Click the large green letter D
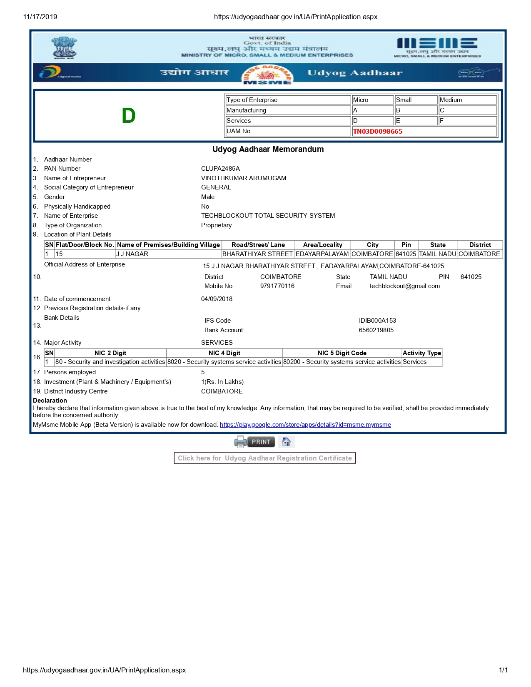[x=129, y=116]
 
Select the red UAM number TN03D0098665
[x=377, y=132]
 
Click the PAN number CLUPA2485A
[x=220, y=169]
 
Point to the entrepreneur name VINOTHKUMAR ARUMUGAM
[x=244, y=178]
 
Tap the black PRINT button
[x=261, y=442]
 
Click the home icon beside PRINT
[x=286, y=442]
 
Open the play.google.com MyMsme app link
[x=305, y=425]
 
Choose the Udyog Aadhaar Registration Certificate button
[x=265, y=458]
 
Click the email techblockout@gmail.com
[x=404, y=286]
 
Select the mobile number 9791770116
[x=277, y=286]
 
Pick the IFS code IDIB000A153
[x=377, y=321]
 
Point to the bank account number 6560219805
[x=376, y=330]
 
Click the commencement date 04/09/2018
[x=217, y=299]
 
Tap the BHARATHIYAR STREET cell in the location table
[x=257, y=254]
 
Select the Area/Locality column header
[x=322, y=245]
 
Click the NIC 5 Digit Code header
[x=342, y=353]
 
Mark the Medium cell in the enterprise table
[x=467, y=100]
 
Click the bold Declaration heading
[x=50, y=401]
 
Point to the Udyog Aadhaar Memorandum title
[x=268, y=149]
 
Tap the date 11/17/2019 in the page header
[x=40, y=17]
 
